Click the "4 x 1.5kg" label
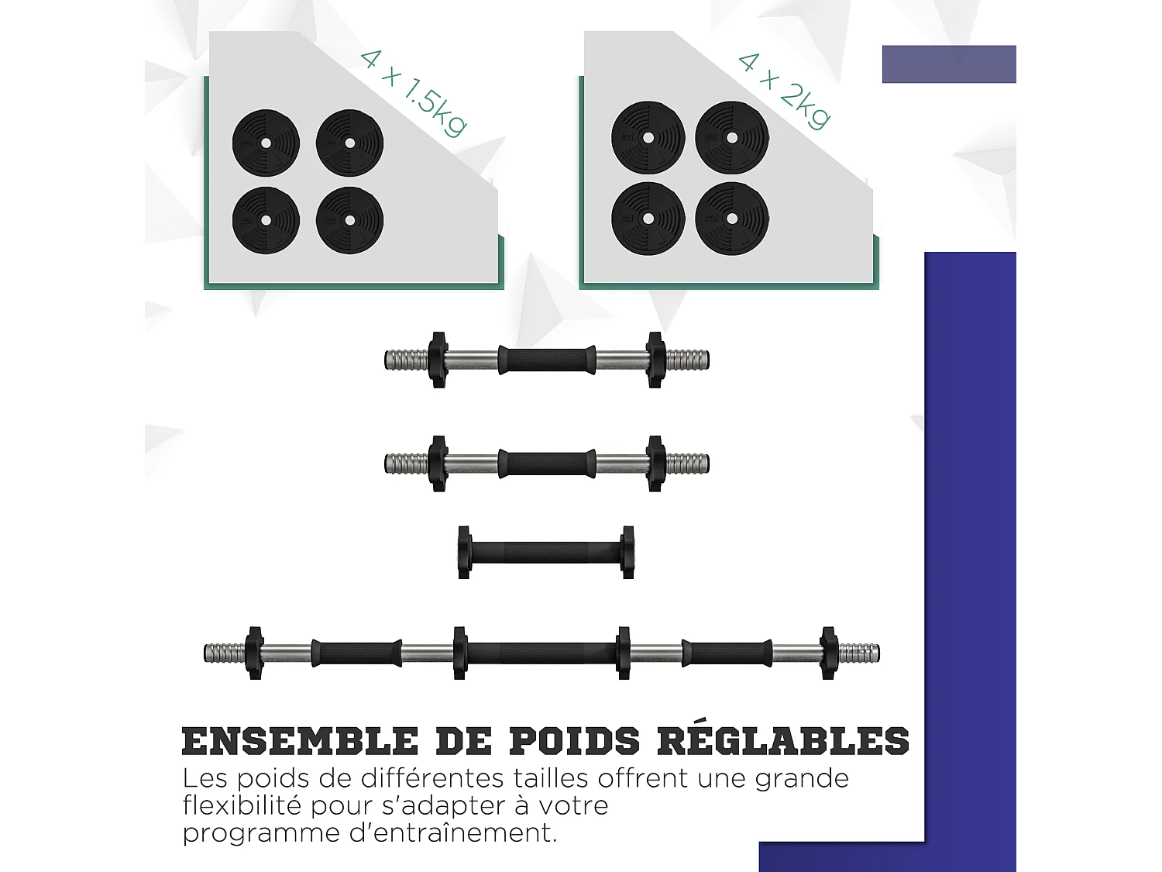[414, 92]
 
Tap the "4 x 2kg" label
[784, 89]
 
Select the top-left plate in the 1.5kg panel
[266, 143]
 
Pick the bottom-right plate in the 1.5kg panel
[349, 220]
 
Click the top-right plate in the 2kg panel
[732, 138]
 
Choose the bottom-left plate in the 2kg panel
[648, 219]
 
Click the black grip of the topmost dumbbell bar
[547, 360]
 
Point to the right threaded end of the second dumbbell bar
[688, 464]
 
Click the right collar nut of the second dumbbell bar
[655, 464]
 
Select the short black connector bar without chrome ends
[546, 553]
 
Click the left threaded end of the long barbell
[224, 653]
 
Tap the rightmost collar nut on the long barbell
[829, 653]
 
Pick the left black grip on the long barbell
[356, 653]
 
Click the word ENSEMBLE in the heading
[300, 742]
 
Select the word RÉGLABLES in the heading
[783, 740]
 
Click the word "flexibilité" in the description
[242, 805]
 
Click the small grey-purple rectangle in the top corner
[949, 64]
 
